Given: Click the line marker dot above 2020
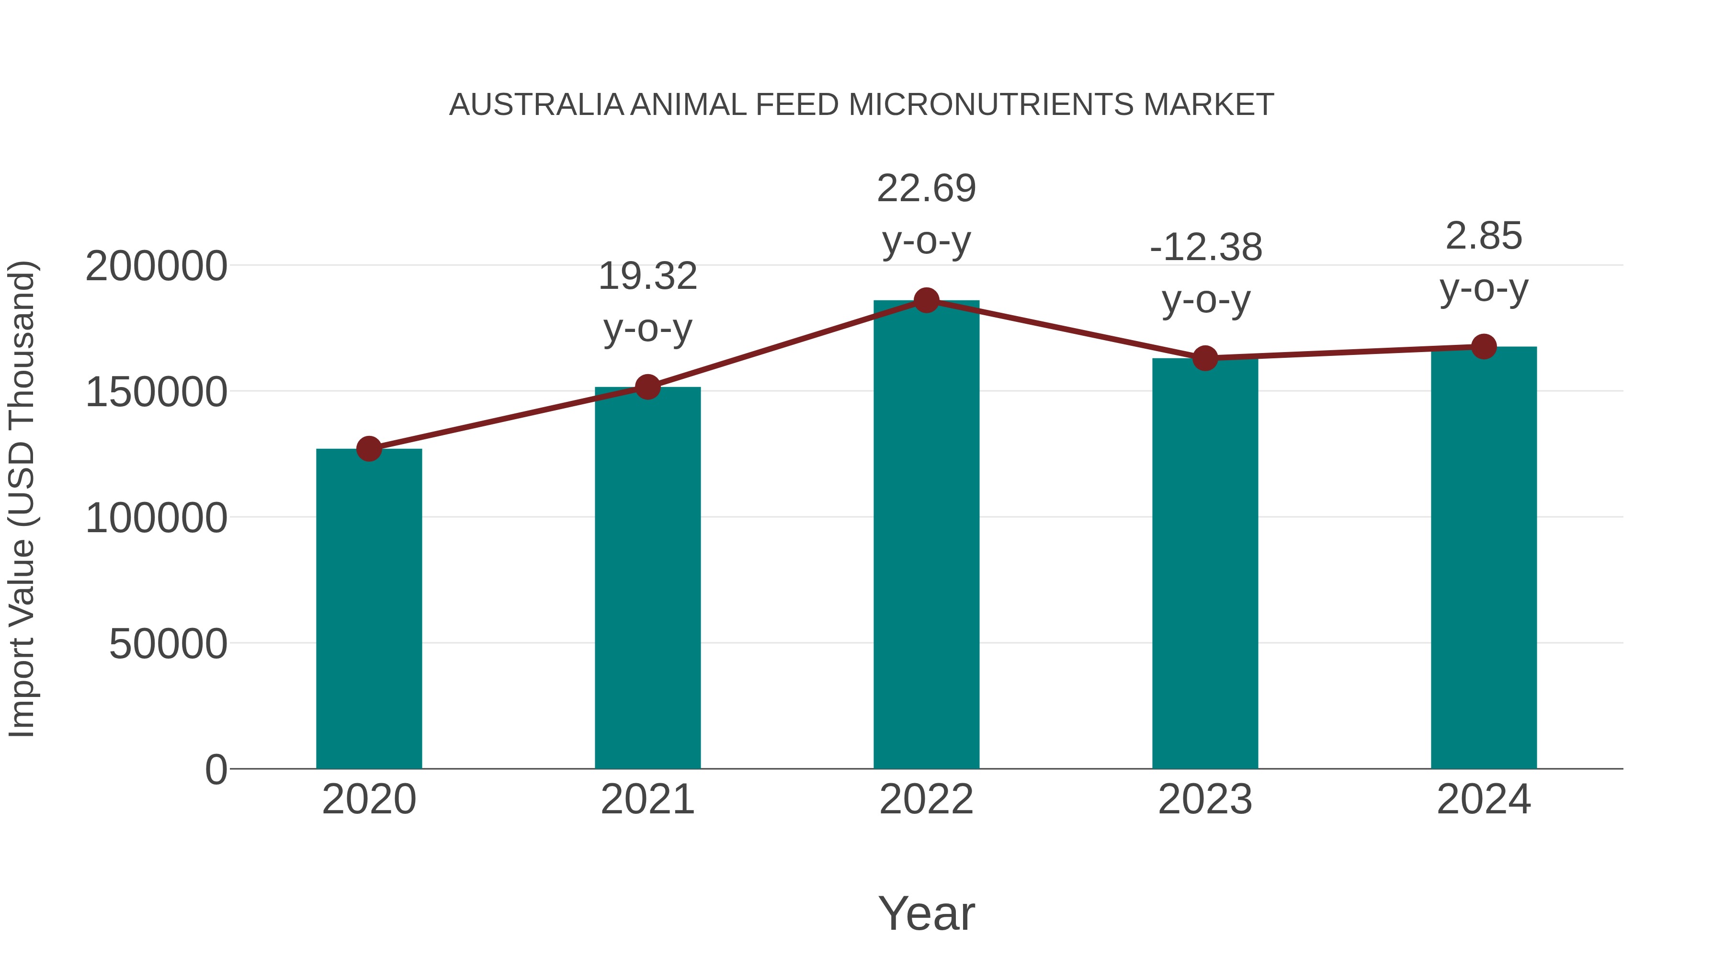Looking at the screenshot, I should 369,448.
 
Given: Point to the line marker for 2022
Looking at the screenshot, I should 926,300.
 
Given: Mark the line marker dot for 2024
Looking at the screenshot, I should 1484,347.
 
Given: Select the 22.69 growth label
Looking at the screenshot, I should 926,189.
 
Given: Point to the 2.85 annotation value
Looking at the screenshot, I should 1484,236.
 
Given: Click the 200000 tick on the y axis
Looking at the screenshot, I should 157,266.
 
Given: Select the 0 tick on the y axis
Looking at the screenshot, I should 216,769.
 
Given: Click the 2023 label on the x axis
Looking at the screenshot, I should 1205,799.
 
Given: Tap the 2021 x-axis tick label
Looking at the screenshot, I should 647,799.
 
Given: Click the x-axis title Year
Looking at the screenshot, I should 926,913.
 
